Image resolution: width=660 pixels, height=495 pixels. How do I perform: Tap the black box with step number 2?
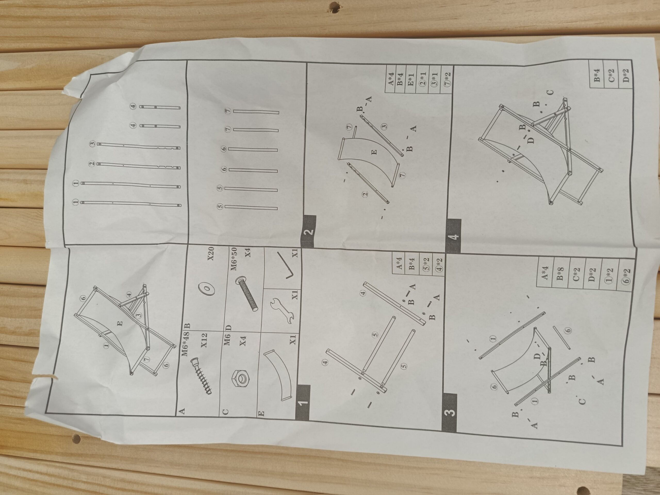tap(308, 231)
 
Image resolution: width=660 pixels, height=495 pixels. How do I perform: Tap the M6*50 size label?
tap(234, 259)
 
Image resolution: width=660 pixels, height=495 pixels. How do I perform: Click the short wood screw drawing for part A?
tap(201, 377)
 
